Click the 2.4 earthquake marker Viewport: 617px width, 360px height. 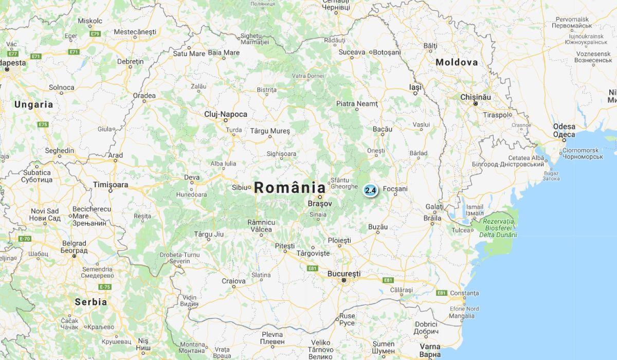click(x=370, y=190)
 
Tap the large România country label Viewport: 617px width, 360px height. click(x=290, y=188)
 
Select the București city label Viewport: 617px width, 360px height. click(x=344, y=274)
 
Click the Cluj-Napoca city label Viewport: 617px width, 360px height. click(x=225, y=114)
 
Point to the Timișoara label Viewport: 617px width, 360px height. click(x=111, y=184)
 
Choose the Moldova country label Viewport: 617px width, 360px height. click(x=457, y=62)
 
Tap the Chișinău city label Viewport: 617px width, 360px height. click(x=476, y=97)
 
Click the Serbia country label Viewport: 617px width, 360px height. click(x=91, y=302)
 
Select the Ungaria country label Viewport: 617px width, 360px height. click(x=33, y=104)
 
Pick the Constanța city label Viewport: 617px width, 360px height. click(x=464, y=293)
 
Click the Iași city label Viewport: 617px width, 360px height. click(x=415, y=87)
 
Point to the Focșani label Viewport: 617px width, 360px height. click(x=395, y=189)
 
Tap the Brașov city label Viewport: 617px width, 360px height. click(x=320, y=204)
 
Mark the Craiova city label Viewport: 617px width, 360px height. click(x=233, y=281)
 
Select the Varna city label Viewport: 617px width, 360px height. click(x=430, y=347)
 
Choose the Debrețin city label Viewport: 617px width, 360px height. click(x=131, y=61)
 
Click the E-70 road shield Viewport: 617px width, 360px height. click(x=25, y=239)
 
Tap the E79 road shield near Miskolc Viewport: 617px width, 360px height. click(x=94, y=33)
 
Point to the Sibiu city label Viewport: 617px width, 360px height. click(x=240, y=187)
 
